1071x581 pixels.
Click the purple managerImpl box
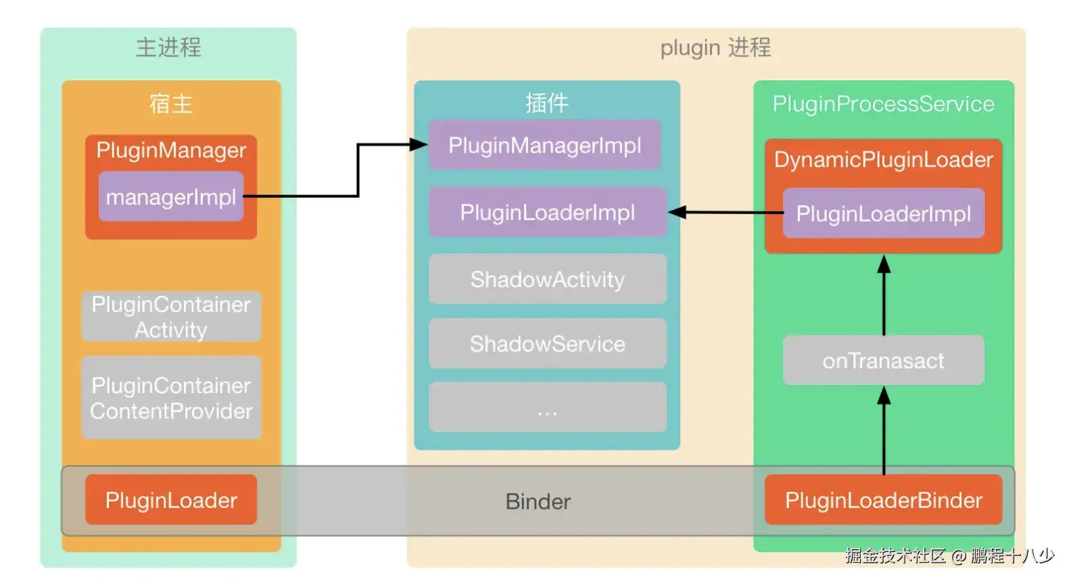click(x=171, y=197)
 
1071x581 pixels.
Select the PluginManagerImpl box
click(x=544, y=145)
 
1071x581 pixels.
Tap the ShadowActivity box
click(x=547, y=279)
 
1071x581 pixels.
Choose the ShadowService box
click(x=547, y=344)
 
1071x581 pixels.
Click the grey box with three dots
click(x=547, y=407)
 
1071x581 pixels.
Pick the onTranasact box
click(x=883, y=361)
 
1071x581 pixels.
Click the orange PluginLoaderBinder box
click(x=883, y=500)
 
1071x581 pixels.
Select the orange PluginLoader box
click(x=171, y=500)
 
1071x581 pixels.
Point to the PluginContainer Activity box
click(x=171, y=317)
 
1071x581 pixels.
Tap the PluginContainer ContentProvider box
click(x=171, y=398)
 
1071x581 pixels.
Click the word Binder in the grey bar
click(x=538, y=501)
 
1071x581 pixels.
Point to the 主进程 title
click(x=168, y=47)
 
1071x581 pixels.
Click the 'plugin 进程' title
click(x=715, y=47)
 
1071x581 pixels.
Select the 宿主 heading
click(x=171, y=103)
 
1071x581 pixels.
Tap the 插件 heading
click(x=547, y=103)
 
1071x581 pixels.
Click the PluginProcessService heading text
click(x=883, y=103)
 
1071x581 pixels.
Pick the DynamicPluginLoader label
click(x=883, y=159)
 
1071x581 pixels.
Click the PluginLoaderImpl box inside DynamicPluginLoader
click(x=883, y=213)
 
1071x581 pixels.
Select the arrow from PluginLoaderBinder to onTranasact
click(x=884, y=432)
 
